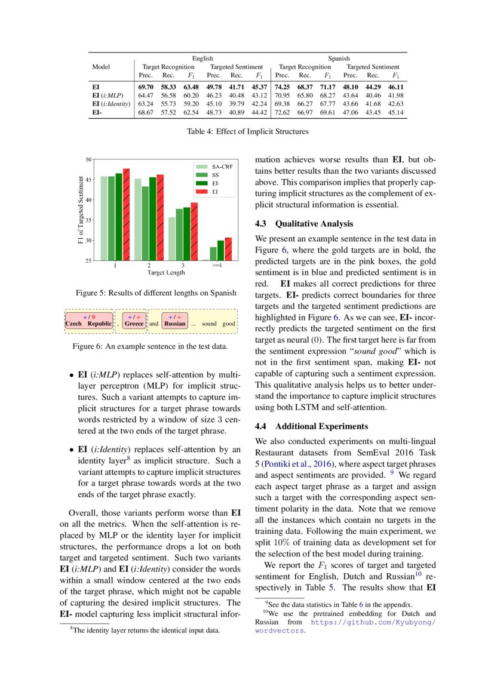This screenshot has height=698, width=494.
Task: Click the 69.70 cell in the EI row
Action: coord(146,87)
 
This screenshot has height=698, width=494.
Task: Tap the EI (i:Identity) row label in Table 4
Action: coord(111,104)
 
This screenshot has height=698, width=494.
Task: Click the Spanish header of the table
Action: coord(339,59)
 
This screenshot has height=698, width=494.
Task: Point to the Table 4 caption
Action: coord(247,131)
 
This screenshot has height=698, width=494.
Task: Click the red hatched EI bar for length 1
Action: coord(126,214)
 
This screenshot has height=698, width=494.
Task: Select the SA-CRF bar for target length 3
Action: coord(172,238)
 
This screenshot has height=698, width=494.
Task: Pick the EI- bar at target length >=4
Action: coord(220,250)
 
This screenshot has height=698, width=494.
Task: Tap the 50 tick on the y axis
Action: coord(88,159)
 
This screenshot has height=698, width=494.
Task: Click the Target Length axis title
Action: coord(165,272)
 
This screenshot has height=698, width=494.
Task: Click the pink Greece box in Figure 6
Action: coord(134,320)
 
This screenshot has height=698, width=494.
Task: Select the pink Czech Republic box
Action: coord(88,320)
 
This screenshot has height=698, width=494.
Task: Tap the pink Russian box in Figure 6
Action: coord(175,320)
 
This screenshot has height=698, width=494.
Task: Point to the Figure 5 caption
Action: coord(157,293)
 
